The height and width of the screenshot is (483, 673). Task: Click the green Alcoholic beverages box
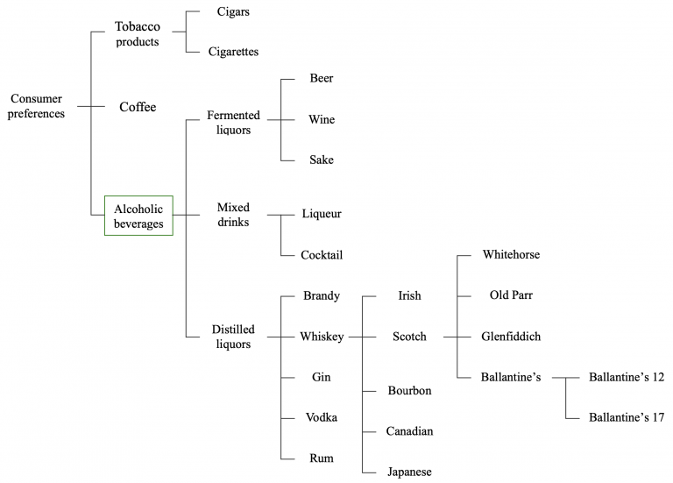point(138,216)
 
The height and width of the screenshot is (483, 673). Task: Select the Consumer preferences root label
point(36,106)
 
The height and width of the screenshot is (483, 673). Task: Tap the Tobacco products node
point(137,33)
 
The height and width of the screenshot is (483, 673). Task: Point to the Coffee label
point(138,107)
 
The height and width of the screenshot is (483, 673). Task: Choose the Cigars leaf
point(233,12)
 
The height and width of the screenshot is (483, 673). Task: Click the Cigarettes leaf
point(233,52)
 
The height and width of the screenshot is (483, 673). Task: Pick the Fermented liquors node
point(229,123)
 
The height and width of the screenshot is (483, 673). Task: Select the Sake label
point(321,160)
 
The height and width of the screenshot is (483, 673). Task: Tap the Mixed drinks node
point(233,215)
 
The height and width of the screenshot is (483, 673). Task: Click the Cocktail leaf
point(321,255)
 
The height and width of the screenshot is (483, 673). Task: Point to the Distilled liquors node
point(233,337)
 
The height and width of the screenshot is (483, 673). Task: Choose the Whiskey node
point(322,337)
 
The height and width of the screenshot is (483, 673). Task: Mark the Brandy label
point(321,296)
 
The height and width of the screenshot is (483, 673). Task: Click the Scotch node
point(408,337)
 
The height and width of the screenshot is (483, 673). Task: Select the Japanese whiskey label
point(409,472)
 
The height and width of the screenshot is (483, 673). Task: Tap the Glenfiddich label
point(511,337)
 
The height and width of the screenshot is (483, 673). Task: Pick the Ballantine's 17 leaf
point(627,417)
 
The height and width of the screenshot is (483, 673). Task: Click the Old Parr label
point(511,295)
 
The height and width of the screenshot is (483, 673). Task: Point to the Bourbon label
point(409,390)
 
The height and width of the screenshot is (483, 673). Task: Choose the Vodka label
point(321,417)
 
